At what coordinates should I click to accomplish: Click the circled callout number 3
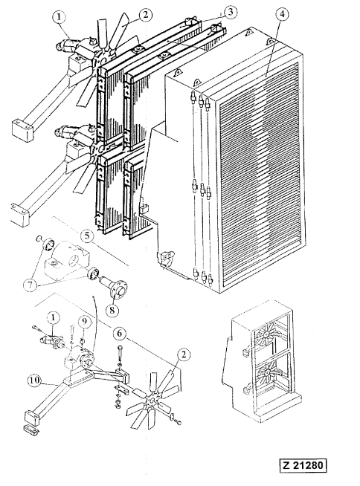[229, 13]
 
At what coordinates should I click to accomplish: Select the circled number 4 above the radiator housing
[282, 15]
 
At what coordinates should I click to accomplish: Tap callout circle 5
[86, 236]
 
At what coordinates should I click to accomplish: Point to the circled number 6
[120, 334]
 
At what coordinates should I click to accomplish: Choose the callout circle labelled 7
[30, 285]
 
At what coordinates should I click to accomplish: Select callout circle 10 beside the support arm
[35, 380]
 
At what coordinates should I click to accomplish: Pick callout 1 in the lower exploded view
[54, 319]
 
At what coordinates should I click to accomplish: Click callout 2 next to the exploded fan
[184, 354]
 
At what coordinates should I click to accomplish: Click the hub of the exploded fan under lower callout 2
[152, 401]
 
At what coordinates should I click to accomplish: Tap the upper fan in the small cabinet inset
[267, 334]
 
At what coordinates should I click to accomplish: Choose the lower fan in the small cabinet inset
[267, 371]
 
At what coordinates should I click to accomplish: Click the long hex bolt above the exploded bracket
[120, 354]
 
